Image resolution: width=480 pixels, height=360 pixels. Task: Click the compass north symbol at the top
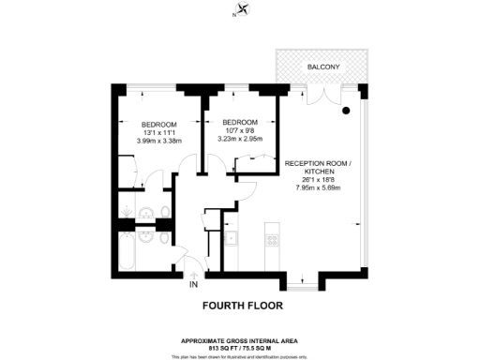click(x=243, y=10)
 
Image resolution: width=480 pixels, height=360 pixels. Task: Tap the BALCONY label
click(x=323, y=67)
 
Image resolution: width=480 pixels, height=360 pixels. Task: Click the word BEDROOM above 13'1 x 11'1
click(x=158, y=125)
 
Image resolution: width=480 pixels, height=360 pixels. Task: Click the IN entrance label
click(x=193, y=284)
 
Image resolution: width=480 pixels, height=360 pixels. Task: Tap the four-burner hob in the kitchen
click(x=271, y=239)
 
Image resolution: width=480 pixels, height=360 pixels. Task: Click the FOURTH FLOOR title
click(x=243, y=306)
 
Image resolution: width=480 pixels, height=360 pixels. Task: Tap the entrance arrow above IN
click(x=193, y=273)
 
